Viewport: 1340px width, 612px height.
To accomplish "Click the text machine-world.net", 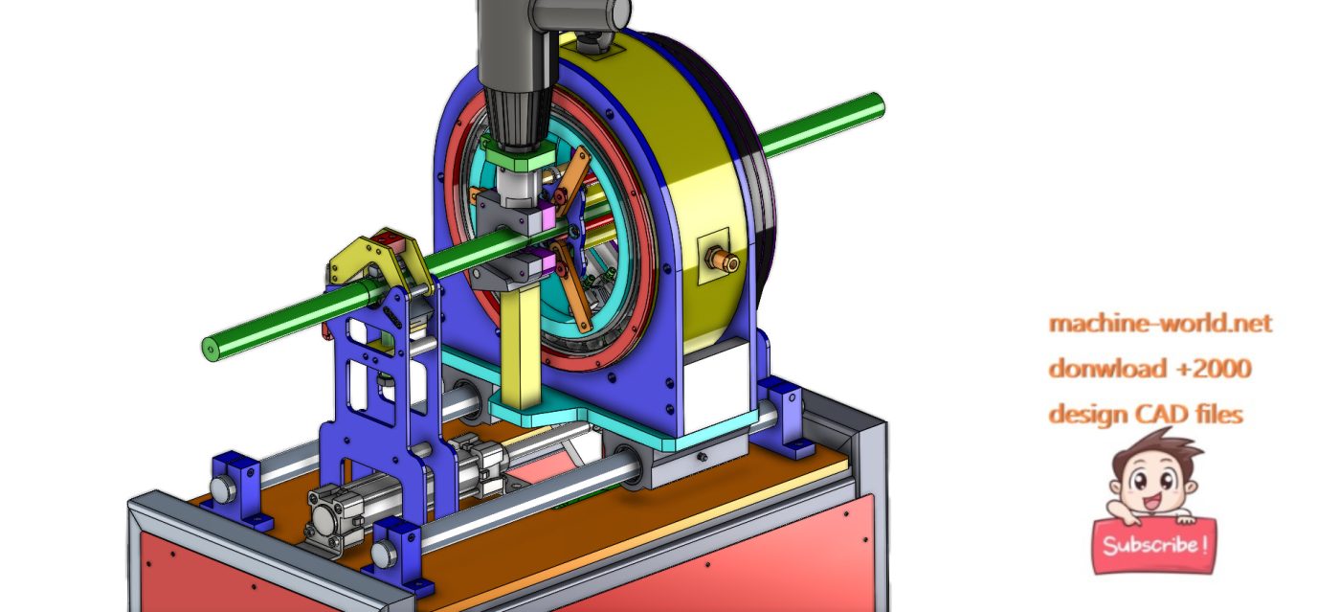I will (x=1160, y=324).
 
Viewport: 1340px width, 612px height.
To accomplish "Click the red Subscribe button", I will (x=1154, y=545).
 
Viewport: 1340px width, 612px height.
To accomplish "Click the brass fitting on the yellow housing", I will (x=721, y=260).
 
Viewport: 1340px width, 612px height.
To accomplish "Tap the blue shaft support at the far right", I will (x=780, y=407).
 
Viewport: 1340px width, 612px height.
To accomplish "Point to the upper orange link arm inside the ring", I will (x=573, y=182).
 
